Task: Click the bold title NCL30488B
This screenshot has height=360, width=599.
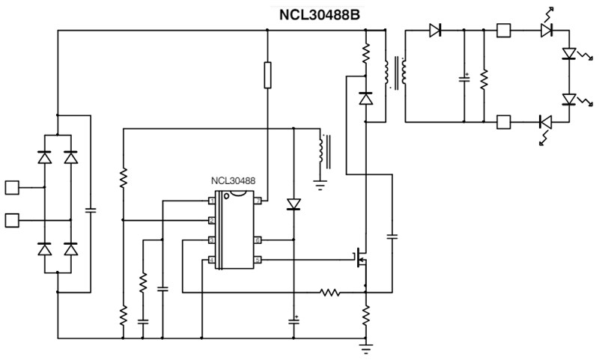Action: [318, 13]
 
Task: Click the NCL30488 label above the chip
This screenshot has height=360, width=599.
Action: [232, 181]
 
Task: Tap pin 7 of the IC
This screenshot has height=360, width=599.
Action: [257, 201]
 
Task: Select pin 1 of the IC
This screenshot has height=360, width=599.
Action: [212, 201]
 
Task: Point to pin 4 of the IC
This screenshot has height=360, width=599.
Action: [212, 260]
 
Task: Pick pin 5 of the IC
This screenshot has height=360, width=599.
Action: [257, 260]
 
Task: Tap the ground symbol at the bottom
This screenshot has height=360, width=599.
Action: [365, 347]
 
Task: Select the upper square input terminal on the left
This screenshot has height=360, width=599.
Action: [12, 186]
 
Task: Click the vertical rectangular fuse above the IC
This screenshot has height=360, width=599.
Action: [267, 76]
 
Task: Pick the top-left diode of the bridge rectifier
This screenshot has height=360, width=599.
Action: [44, 158]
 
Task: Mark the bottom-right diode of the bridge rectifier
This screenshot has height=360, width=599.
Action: [71, 249]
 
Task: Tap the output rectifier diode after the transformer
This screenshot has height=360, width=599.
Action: [436, 31]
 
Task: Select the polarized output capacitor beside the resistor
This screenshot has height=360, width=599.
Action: [464, 79]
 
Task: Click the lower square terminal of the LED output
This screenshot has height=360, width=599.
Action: [504, 121]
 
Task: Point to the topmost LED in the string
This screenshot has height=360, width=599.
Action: [547, 30]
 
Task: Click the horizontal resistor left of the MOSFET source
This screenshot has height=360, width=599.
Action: [330, 292]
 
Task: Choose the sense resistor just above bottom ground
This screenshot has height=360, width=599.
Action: [365, 315]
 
